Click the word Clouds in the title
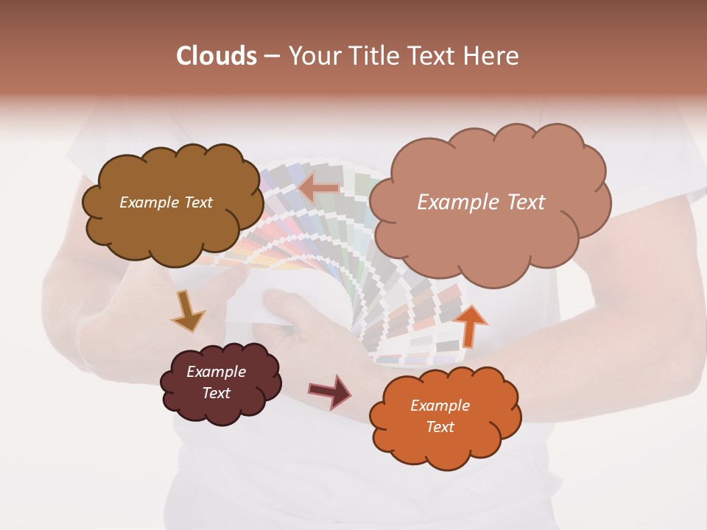(x=216, y=56)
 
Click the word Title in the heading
(x=369, y=56)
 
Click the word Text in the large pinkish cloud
(x=521, y=202)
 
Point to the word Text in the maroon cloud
(x=217, y=393)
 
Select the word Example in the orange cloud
(x=440, y=406)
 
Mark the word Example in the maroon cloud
(x=217, y=372)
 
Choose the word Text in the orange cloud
(x=440, y=427)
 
